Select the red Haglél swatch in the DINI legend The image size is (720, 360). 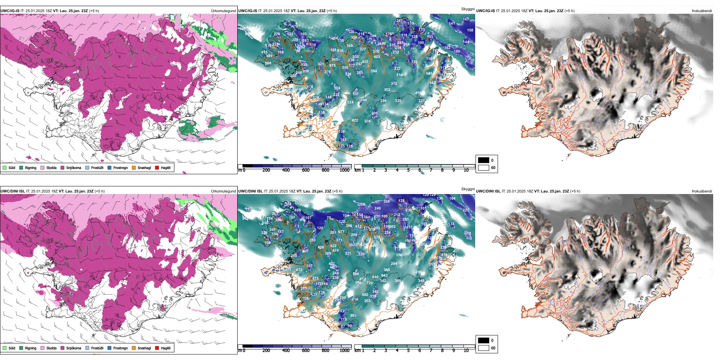(157, 348)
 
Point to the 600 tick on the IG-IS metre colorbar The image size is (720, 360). (306, 170)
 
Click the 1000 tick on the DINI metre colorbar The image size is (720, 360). (344, 351)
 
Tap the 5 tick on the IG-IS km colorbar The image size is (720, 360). (409, 170)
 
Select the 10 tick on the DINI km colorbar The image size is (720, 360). (466, 351)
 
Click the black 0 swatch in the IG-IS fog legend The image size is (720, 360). (484, 160)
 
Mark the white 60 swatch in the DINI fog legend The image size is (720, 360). (484, 348)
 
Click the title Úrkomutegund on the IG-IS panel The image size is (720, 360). (223, 11)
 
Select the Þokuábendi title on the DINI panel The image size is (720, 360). (702, 191)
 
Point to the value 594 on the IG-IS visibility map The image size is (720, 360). (374, 71)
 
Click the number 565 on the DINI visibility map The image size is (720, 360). (353, 316)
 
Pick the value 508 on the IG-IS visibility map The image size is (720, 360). (268, 63)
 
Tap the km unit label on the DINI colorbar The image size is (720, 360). (357, 351)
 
